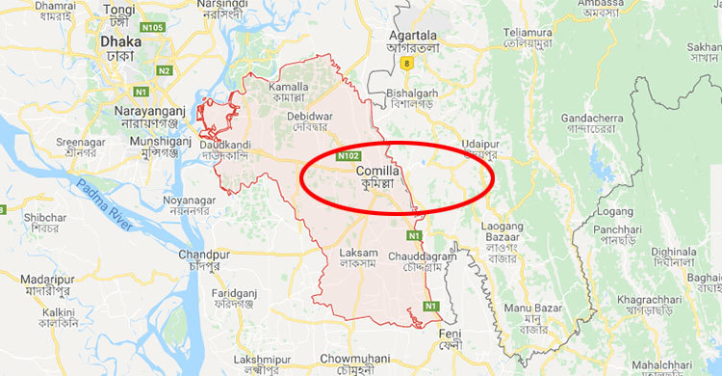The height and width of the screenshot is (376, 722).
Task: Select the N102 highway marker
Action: click(348, 154)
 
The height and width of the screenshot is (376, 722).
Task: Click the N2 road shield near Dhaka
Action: click(165, 70)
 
